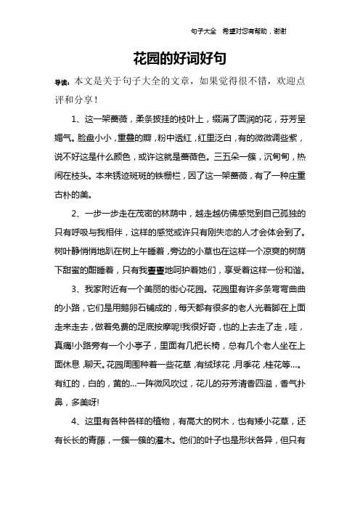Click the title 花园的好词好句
pos(180,57)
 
